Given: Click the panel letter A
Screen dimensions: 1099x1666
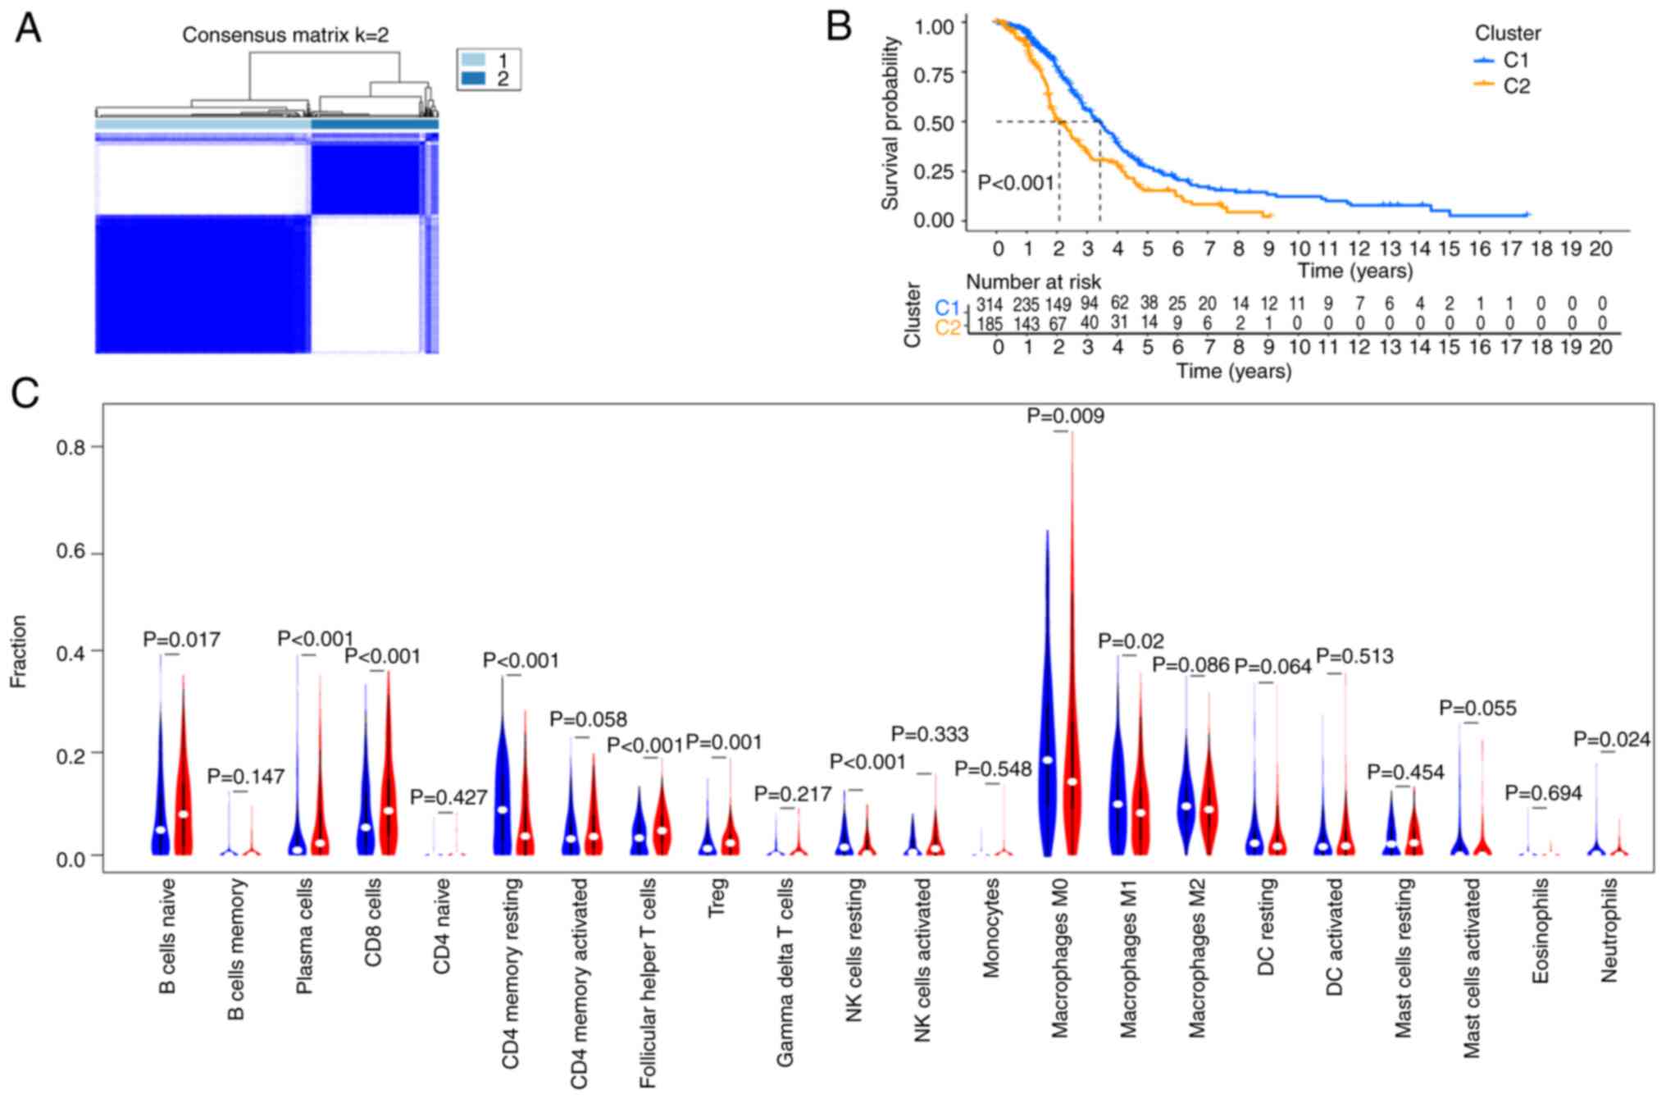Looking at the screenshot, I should pos(28,30).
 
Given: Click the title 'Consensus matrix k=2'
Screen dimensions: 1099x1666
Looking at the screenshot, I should pos(284,35).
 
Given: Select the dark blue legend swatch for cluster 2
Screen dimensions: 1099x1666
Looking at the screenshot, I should pos(473,79).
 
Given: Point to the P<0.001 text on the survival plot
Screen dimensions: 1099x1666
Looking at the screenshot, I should pos(1016,183).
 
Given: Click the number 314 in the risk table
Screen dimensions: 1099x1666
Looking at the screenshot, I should pos(990,304).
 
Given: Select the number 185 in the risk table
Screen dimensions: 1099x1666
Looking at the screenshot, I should pos(990,324).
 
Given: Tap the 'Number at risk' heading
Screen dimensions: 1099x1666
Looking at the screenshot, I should pos(1033,282).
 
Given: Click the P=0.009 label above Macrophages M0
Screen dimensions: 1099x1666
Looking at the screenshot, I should pos(1065,417).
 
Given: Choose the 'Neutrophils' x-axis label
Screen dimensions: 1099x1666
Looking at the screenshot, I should pos(1609,930).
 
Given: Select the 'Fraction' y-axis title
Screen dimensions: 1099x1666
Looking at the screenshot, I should pos(19,651).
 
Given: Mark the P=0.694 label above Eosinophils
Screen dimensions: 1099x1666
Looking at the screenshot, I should pos(1543,793).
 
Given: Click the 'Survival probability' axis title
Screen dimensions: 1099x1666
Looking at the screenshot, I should pos(890,123).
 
